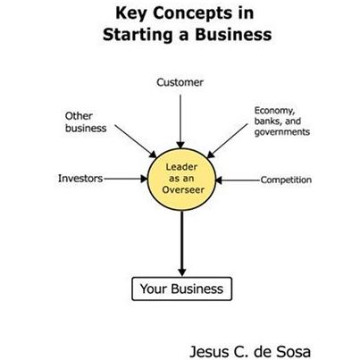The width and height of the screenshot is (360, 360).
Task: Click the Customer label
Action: (180, 82)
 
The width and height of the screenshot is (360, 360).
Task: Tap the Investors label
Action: (80, 179)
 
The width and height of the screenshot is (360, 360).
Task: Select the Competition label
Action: (286, 180)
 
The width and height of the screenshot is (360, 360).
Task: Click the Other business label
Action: (86, 121)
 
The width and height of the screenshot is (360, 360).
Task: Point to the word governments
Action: (282, 132)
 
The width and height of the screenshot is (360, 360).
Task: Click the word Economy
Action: (274, 111)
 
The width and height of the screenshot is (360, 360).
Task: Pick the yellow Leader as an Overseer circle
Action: (181, 179)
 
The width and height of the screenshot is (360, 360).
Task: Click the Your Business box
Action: (181, 289)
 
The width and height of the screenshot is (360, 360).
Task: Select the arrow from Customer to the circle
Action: (180, 121)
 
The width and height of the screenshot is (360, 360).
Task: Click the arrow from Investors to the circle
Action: (126, 179)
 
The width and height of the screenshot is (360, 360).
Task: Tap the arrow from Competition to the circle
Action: (238, 180)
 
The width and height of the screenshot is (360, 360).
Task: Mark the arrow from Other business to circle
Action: (136, 141)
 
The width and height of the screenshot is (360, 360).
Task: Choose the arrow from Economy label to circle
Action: (227, 141)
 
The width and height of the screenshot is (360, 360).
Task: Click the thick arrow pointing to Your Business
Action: (182, 244)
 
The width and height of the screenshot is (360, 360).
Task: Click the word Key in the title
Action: (130, 13)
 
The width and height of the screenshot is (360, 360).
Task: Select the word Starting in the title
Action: (138, 35)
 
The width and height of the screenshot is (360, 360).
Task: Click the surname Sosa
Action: (293, 352)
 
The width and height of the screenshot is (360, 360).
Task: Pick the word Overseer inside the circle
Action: (183, 190)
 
